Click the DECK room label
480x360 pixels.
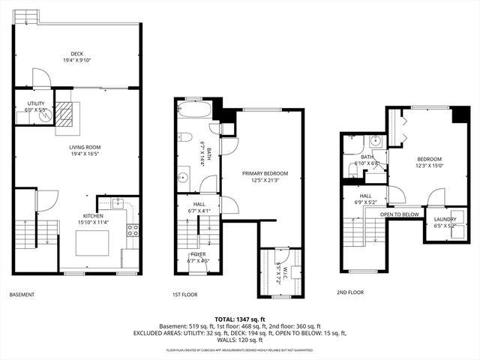(77, 54)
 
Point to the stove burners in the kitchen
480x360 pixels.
(132, 230)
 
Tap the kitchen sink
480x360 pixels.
(118, 202)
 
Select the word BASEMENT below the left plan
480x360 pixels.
(22, 295)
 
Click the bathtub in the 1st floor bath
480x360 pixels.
(194, 110)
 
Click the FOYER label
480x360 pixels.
(198, 254)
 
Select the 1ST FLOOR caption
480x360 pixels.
(185, 295)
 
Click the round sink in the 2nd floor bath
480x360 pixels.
(376, 140)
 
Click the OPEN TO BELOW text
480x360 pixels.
(399, 214)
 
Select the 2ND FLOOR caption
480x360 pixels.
(350, 292)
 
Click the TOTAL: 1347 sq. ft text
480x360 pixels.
(240, 319)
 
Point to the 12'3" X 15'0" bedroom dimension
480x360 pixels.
(429, 166)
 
